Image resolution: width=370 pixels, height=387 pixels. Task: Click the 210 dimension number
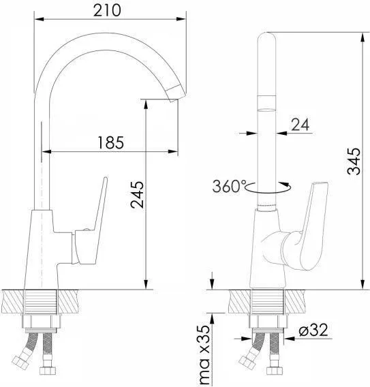(107, 10)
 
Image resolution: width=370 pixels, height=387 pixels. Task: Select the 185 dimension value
(111, 142)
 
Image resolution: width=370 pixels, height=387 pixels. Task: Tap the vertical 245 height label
(137, 195)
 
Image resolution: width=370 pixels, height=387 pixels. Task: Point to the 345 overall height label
(354, 161)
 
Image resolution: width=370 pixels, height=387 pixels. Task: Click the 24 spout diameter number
(300, 125)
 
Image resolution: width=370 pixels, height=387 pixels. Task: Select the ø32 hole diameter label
(313, 330)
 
